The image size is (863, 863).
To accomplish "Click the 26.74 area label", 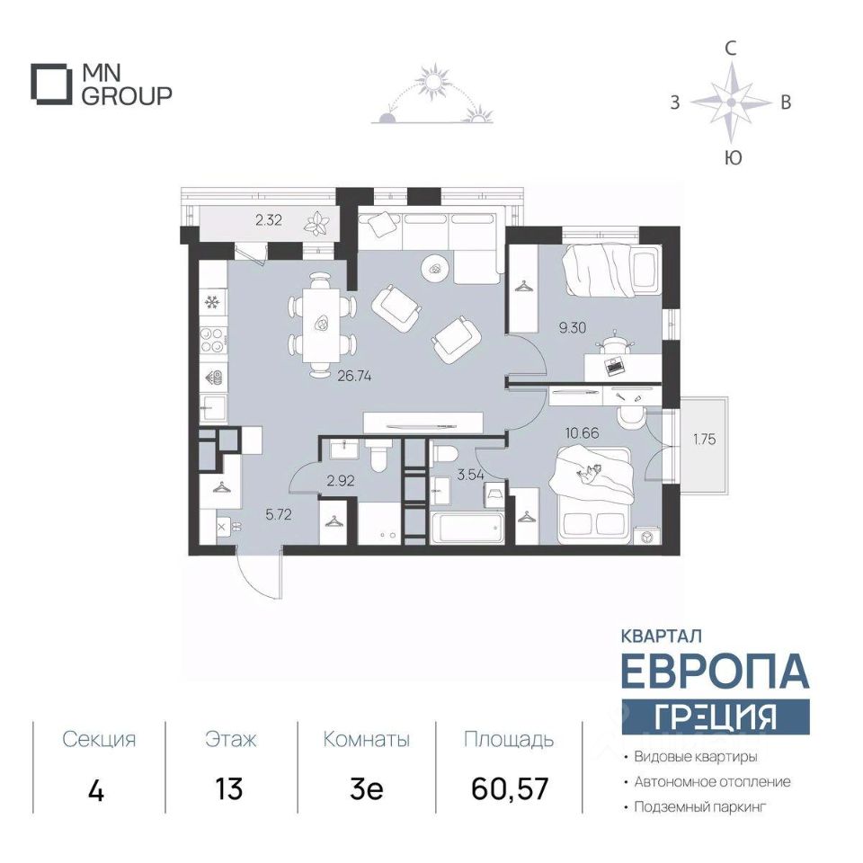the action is pyautogui.click(x=354, y=377).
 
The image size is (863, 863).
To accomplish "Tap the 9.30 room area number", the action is pyautogui.click(x=573, y=328).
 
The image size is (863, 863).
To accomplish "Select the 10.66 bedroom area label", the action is pyautogui.click(x=583, y=433).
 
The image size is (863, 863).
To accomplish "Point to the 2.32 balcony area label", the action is pyautogui.click(x=269, y=221).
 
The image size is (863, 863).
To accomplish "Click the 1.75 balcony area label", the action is pyautogui.click(x=705, y=440).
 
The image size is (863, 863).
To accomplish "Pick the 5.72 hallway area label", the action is pyautogui.click(x=279, y=515).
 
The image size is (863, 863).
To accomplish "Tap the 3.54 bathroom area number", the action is pyautogui.click(x=470, y=475).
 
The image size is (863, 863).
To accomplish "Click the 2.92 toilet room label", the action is pyautogui.click(x=340, y=481).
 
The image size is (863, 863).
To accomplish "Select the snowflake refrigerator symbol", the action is pyautogui.click(x=212, y=302).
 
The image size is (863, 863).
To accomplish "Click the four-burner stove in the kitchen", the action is pyautogui.click(x=212, y=340).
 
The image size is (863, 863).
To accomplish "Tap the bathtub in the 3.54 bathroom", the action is pyautogui.click(x=467, y=529).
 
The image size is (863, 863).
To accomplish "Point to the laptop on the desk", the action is pyautogui.click(x=615, y=366).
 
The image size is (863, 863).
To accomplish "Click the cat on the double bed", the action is pyautogui.click(x=588, y=473).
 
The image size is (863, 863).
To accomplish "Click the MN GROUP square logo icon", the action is pyautogui.click(x=51, y=85).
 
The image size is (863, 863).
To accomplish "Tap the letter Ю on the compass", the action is pyautogui.click(x=733, y=158).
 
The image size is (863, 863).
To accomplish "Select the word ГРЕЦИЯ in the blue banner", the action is pyautogui.click(x=716, y=717).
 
